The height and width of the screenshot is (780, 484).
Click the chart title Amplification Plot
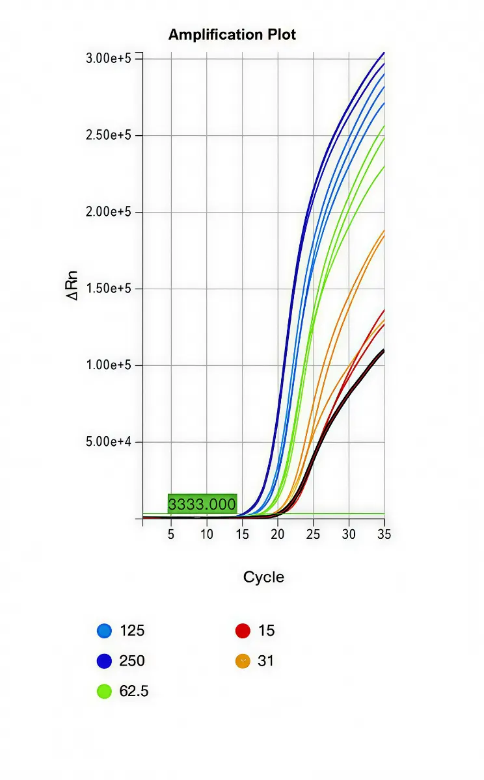point(232,34)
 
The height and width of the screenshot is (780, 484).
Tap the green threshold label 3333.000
point(202,504)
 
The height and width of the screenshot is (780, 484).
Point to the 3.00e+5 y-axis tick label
point(109,58)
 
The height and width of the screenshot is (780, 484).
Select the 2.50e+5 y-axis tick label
point(109,135)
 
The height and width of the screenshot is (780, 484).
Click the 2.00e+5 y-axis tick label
point(109,212)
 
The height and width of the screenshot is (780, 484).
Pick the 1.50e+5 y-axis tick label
point(109,289)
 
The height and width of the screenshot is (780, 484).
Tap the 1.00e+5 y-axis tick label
point(109,365)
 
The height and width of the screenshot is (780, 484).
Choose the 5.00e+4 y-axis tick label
point(109,442)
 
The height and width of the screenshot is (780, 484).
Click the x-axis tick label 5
point(171,534)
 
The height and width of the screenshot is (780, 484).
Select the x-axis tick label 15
point(242,534)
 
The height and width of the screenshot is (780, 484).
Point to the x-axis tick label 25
point(313,534)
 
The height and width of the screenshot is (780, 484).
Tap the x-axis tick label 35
point(384,534)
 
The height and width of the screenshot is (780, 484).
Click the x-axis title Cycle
point(263,577)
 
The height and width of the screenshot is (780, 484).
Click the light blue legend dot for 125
point(104,630)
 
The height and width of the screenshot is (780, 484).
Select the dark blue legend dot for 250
point(104,661)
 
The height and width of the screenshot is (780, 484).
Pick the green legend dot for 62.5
point(104,692)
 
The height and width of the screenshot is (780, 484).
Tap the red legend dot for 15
point(243,630)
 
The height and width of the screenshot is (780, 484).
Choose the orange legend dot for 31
point(243,661)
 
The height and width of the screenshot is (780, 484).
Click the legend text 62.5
point(134,692)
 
